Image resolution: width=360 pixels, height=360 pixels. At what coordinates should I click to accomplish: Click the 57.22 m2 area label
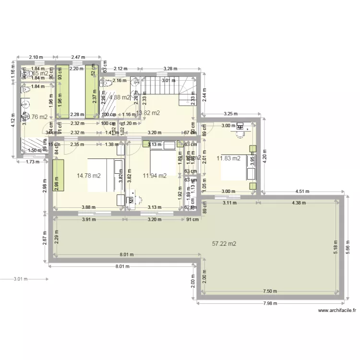(224, 244)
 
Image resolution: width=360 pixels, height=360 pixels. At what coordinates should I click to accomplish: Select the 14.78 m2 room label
(89, 176)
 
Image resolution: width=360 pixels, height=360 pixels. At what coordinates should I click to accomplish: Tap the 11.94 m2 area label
(155, 176)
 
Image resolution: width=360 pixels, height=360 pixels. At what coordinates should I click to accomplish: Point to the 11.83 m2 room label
(228, 158)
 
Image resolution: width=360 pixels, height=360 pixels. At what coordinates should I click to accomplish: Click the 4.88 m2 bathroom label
(120, 97)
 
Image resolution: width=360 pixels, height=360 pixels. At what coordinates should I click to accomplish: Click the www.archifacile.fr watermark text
(337, 311)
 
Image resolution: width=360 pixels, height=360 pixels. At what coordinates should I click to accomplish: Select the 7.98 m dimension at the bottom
(270, 303)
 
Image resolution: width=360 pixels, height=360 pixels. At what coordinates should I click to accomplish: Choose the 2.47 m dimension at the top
(77, 57)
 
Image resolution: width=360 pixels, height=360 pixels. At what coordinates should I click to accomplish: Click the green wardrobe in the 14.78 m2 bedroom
(58, 176)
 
